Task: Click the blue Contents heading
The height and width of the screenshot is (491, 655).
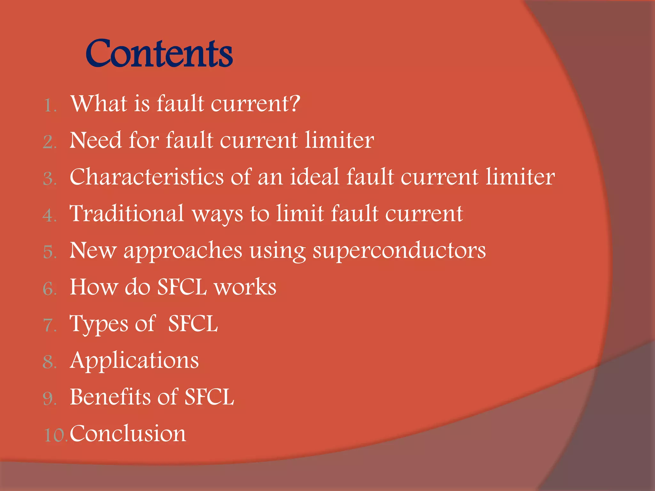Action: tap(159, 53)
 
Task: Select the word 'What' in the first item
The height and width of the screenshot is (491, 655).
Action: tap(99, 104)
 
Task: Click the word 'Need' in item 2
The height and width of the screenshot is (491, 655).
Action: tap(96, 140)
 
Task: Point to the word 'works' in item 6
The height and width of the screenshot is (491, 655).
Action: tap(245, 287)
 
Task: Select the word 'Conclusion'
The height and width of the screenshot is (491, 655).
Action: tap(128, 433)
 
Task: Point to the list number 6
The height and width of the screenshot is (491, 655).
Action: tap(50, 289)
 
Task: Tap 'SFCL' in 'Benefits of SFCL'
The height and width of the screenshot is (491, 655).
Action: tap(209, 397)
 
